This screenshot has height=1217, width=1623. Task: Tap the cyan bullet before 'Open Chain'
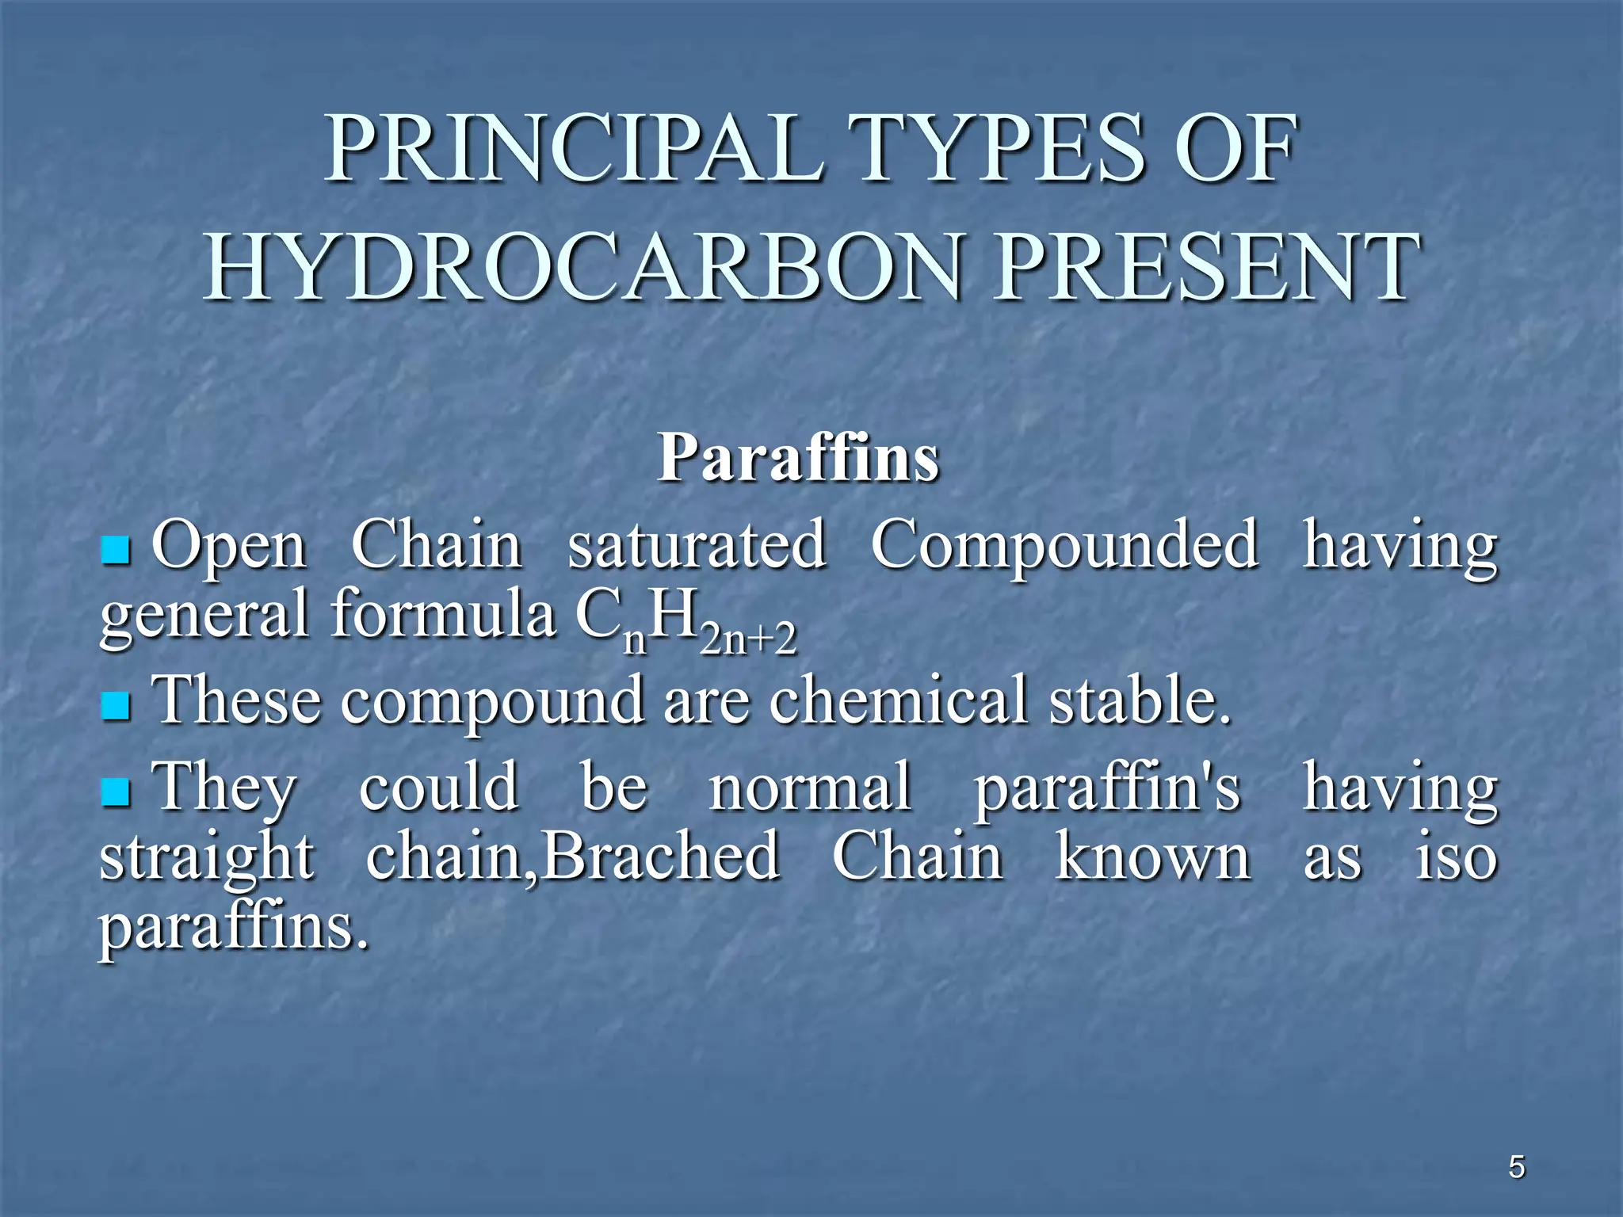(x=116, y=550)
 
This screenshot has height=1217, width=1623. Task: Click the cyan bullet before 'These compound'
(x=116, y=704)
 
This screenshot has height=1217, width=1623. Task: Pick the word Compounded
(x=1064, y=547)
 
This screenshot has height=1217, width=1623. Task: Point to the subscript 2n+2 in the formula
(x=749, y=640)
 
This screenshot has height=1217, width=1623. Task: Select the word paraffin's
(x=1107, y=789)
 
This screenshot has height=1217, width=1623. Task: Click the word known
(x=1153, y=856)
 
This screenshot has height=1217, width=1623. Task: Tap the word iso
(x=1457, y=856)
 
